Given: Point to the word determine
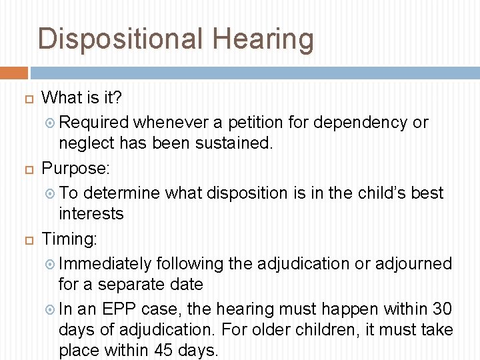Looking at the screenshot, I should coord(122,193).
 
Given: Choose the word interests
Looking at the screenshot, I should coord(91,214).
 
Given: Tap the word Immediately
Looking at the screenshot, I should coord(109,264).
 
